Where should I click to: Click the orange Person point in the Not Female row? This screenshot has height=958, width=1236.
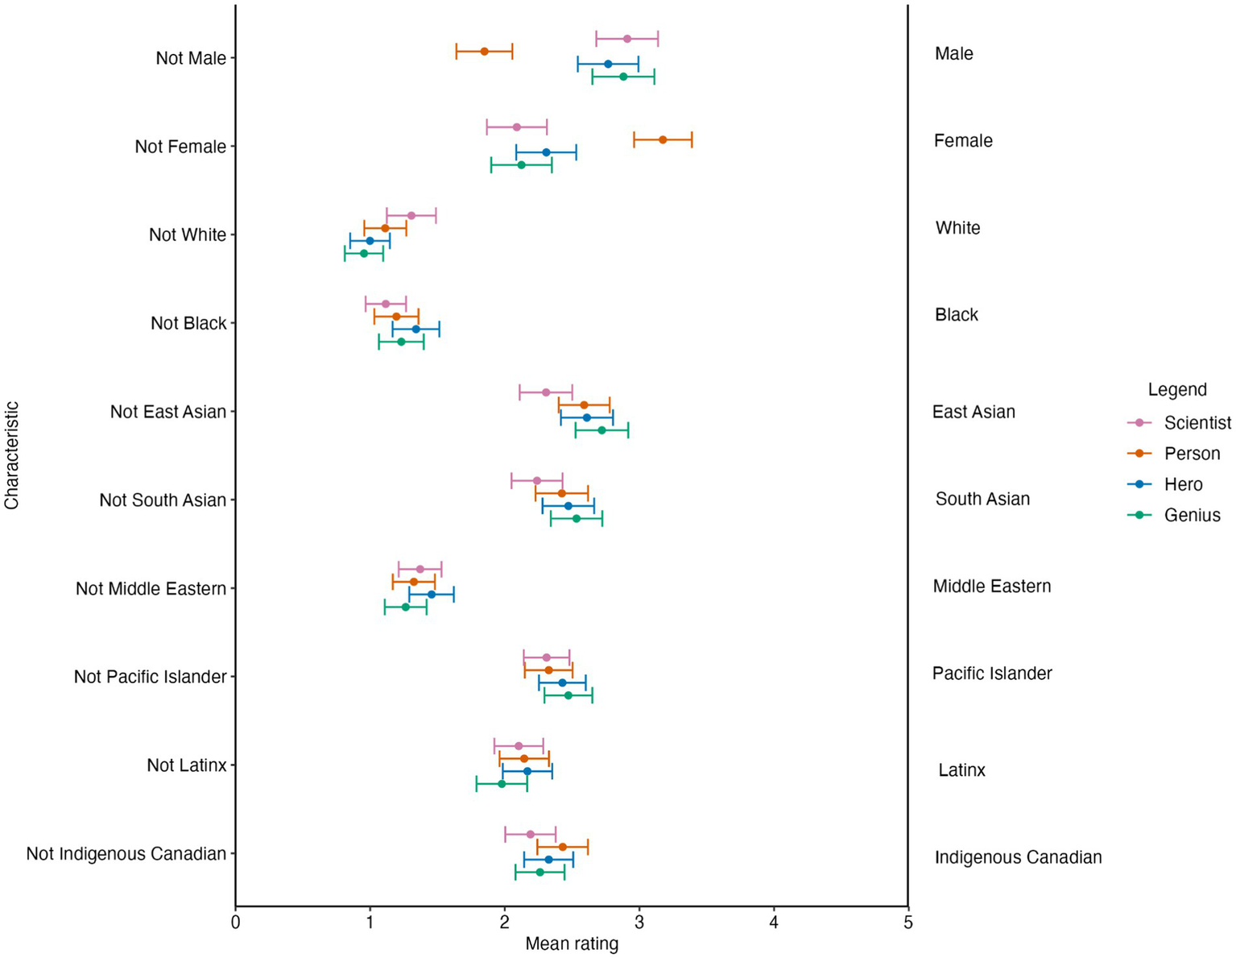point(663,139)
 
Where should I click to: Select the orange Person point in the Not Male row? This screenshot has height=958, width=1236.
point(484,51)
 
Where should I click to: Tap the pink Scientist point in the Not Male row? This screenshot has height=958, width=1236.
point(627,39)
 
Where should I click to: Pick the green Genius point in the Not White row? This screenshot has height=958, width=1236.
point(363,253)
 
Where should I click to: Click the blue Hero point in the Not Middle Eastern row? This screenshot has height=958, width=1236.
point(431,594)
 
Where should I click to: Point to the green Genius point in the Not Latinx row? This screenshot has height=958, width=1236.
point(502,783)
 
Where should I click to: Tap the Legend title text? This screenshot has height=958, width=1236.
point(1177,390)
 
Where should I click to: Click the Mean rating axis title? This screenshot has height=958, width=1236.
point(572,943)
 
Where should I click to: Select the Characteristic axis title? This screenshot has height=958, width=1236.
point(11,456)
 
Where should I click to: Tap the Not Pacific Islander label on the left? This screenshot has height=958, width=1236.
point(150,677)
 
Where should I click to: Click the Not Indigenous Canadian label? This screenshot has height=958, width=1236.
point(126,853)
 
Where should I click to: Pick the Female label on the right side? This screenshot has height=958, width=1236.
point(963,141)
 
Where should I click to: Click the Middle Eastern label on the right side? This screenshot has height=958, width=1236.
point(991,587)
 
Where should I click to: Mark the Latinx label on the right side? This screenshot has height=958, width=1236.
point(961,770)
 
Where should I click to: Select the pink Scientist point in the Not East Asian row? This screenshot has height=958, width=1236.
point(546,392)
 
